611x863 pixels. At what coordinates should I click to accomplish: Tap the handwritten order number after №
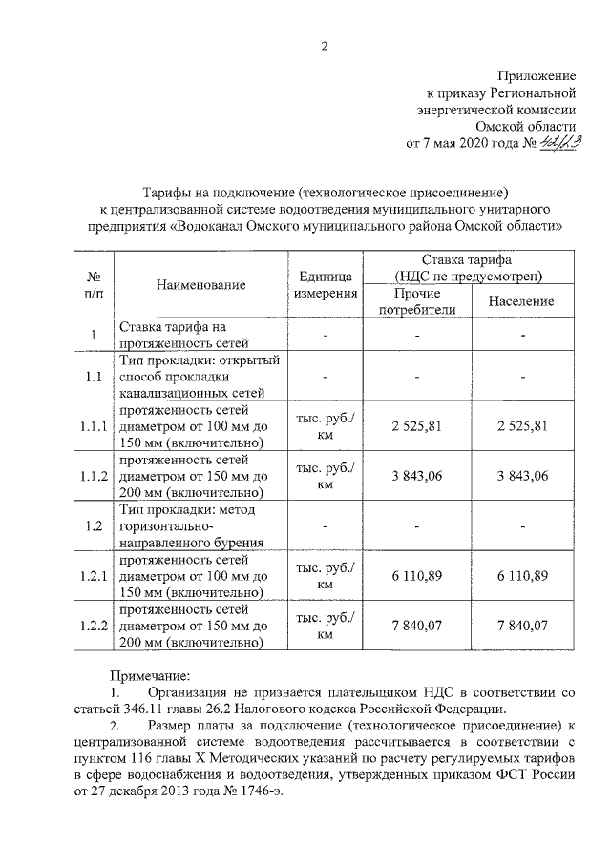[x=565, y=143]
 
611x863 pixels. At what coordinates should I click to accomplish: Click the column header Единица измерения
[x=325, y=284]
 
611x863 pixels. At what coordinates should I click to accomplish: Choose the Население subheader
[x=521, y=301]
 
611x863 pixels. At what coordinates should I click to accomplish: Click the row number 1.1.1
[x=94, y=426]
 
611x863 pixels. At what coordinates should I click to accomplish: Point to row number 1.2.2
[x=94, y=627]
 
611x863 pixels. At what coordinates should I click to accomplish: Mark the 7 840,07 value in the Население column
[x=521, y=627]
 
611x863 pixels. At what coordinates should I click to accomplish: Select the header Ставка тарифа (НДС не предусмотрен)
[x=468, y=268]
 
